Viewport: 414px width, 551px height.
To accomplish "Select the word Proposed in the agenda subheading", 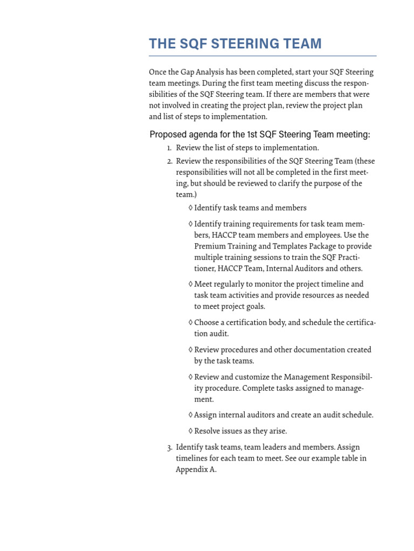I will pos(167,135).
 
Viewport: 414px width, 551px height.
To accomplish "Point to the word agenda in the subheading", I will pos(203,135).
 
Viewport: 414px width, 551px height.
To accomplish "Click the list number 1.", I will pos(169,148).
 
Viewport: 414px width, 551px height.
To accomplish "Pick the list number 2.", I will pos(169,161).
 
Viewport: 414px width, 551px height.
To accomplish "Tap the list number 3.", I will pos(169,447).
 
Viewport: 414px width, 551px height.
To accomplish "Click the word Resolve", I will pos(209,431).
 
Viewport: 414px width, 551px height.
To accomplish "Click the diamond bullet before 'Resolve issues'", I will pos(191,431).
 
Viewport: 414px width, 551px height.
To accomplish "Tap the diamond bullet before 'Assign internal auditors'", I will pos(191,415).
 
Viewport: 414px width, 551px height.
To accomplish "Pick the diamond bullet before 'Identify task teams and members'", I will pos(191,208).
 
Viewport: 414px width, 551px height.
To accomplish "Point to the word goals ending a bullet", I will pos(255,307).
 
